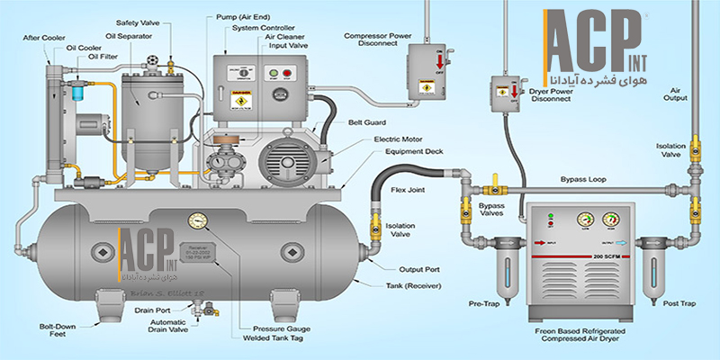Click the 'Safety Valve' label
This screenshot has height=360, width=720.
(x=138, y=22)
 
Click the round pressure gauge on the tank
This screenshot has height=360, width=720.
(x=196, y=220)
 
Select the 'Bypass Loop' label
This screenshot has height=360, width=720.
(x=584, y=180)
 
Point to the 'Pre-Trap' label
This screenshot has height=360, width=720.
(x=486, y=303)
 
